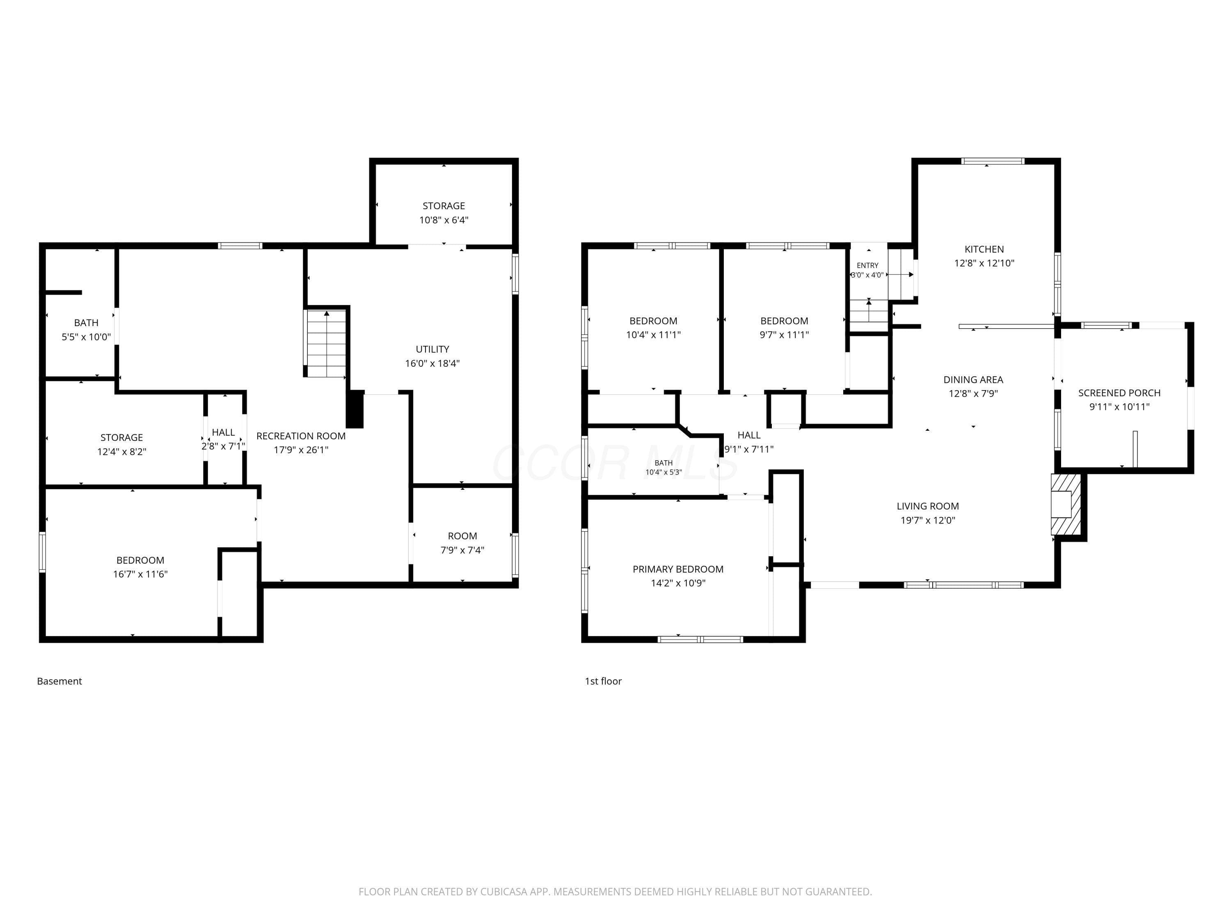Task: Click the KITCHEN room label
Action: click(984, 249)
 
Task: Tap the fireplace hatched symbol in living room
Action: click(1066, 504)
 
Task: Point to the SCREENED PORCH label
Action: click(1119, 393)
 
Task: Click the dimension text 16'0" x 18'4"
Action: click(432, 363)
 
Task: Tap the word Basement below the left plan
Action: click(59, 681)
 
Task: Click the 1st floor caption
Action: click(603, 681)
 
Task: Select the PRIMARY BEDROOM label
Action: click(678, 569)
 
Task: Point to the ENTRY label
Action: click(867, 265)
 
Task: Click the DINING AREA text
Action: click(973, 379)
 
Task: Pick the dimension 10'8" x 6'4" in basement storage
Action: click(444, 220)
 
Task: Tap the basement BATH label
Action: click(86, 323)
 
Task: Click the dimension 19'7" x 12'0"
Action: click(928, 520)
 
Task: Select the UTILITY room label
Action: click(432, 350)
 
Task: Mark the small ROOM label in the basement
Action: click(462, 536)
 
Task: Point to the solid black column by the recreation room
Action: click(355, 409)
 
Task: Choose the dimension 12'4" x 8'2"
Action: click(122, 451)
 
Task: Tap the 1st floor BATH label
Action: click(664, 463)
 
